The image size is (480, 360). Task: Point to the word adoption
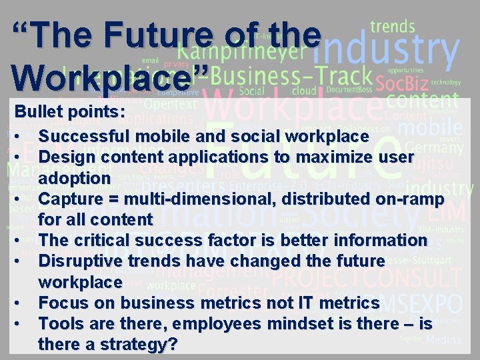[74, 178]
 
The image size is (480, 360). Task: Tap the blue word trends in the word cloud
[393, 27]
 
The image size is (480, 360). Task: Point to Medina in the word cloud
[443, 340]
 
